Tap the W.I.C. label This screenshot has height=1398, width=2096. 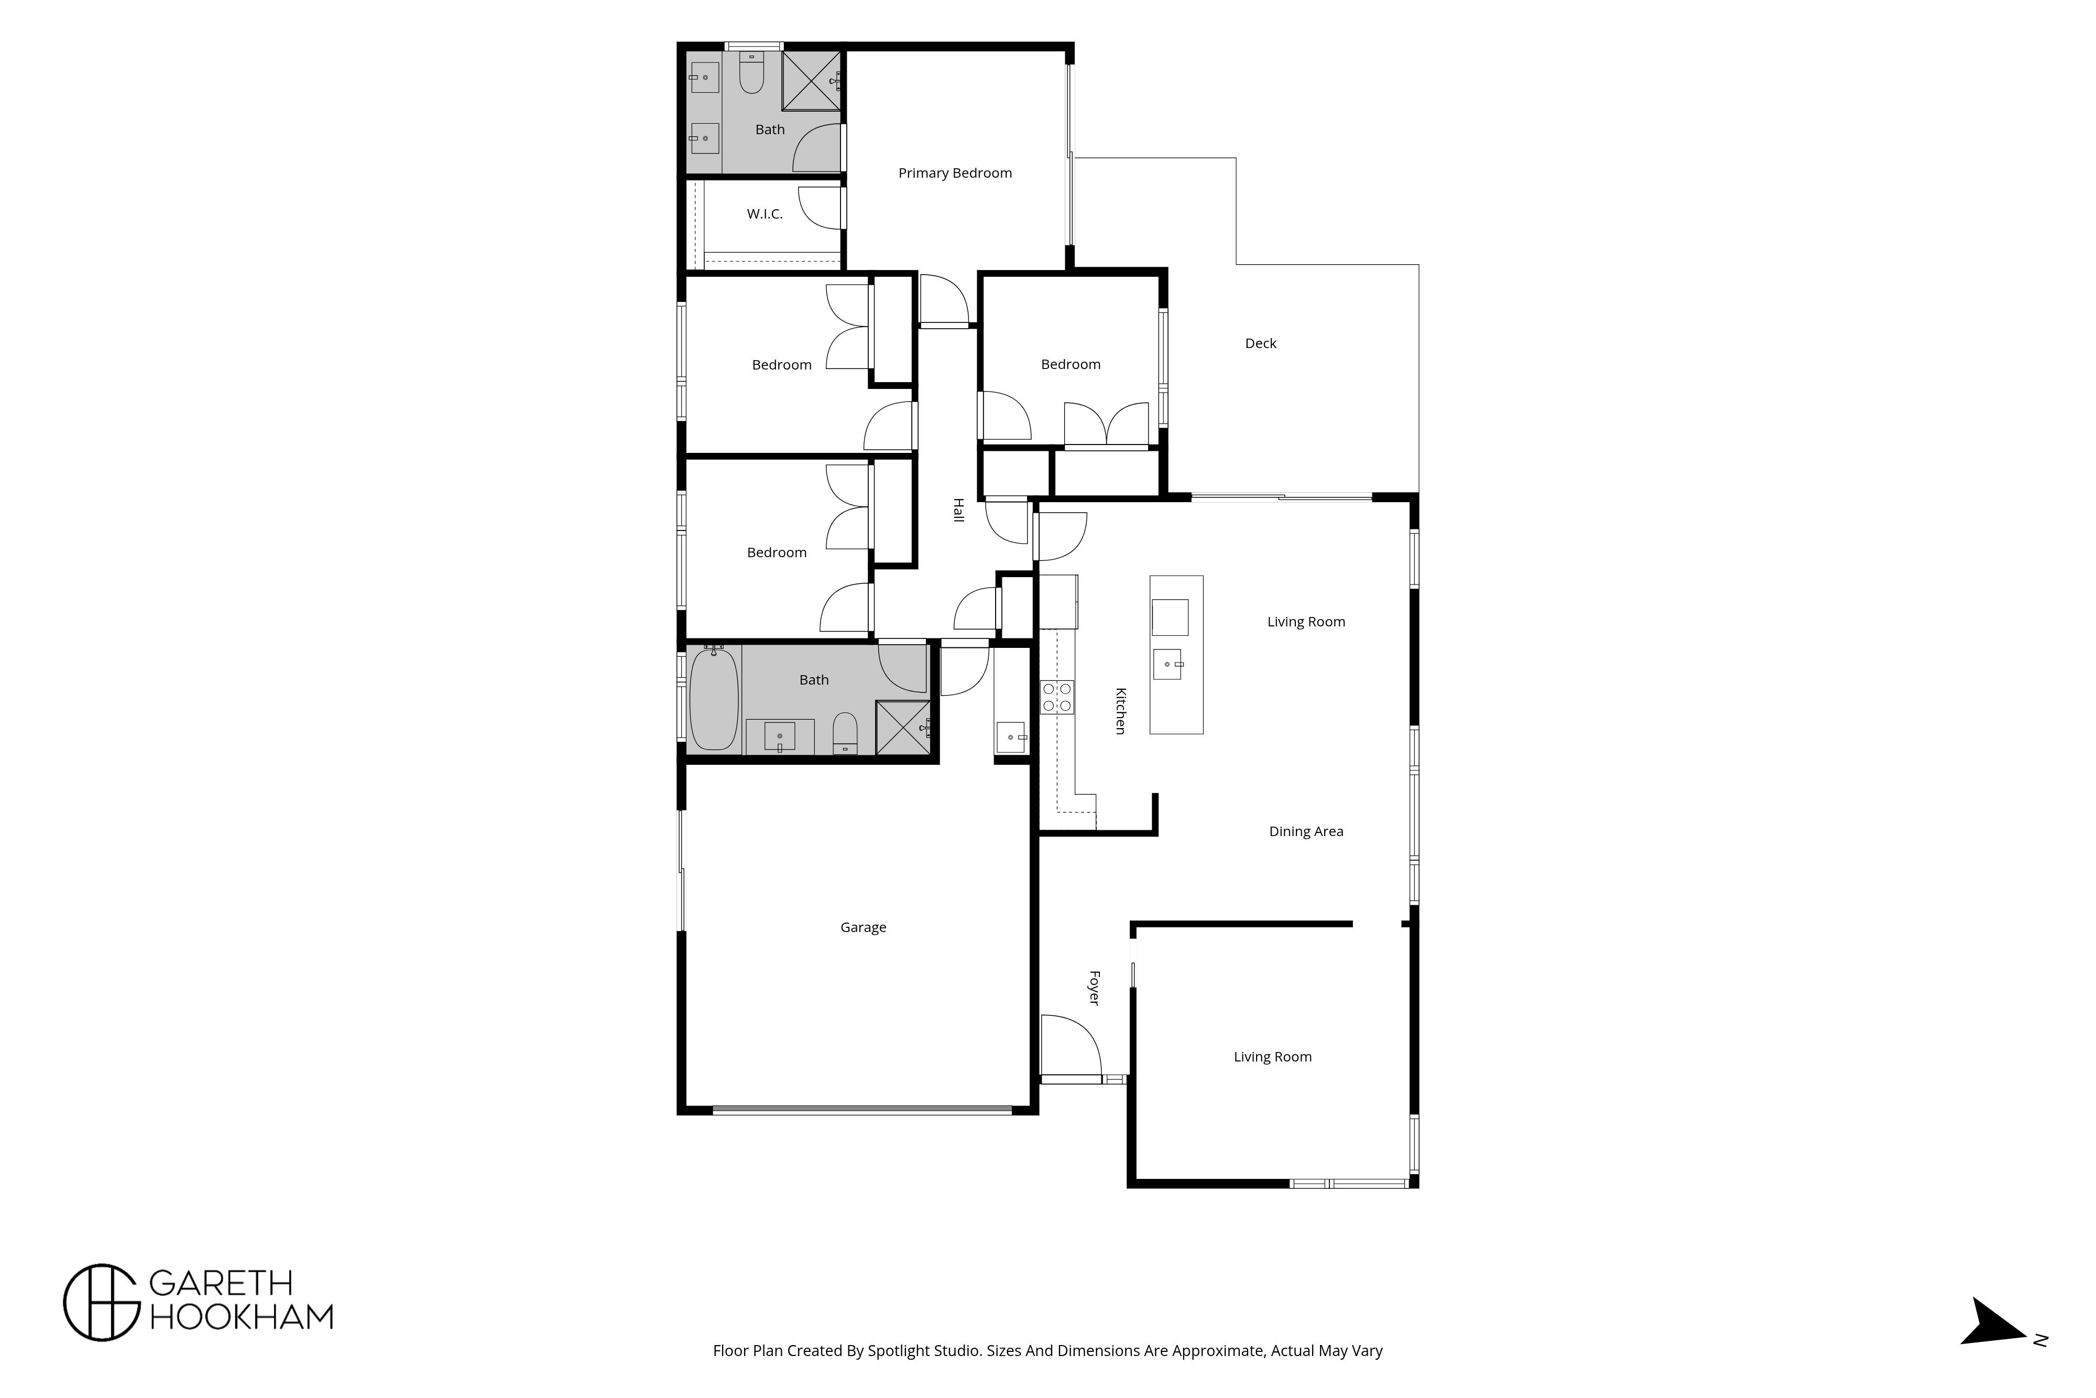click(x=765, y=214)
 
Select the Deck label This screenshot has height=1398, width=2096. click(x=1260, y=343)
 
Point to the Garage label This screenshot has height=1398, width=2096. click(x=863, y=927)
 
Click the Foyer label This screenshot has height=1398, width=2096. click(x=1094, y=988)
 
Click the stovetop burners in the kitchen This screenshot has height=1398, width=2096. click(x=1057, y=697)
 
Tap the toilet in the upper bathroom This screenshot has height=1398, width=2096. click(x=751, y=73)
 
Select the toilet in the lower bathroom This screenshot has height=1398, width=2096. click(x=845, y=733)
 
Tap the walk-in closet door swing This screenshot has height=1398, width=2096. click(x=820, y=208)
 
